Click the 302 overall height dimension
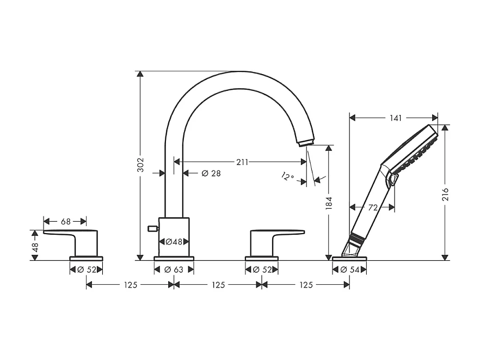click(140, 165)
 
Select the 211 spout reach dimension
click(242, 162)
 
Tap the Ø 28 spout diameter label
click(211, 173)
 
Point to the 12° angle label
click(287, 176)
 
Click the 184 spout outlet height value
click(329, 203)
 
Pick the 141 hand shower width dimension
click(396, 118)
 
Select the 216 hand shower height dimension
click(445, 194)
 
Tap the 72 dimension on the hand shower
click(373, 208)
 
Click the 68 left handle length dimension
click(65, 221)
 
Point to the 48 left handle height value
click(35, 247)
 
